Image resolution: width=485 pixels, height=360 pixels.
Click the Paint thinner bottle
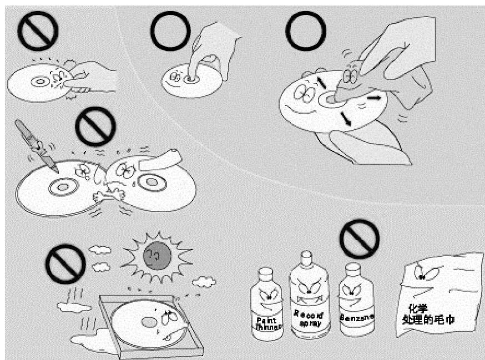tap(266, 305)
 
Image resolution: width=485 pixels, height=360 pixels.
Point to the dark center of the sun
tap(157, 256)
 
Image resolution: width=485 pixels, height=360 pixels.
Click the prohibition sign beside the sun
tap(65, 264)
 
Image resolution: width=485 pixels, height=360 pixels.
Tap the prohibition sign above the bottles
tap(360, 239)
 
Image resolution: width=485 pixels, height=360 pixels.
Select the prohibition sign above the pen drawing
tap(95, 126)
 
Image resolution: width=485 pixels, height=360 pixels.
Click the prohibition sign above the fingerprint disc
tap(38, 31)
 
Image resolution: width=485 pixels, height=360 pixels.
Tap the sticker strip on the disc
tap(160, 159)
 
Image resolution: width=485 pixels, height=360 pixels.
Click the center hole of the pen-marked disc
tap(63, 187)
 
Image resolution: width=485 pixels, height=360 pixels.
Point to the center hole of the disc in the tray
tap(149, 323)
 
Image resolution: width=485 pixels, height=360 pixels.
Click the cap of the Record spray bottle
tap(306, 257)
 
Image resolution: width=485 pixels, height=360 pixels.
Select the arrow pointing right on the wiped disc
tap(374, 98)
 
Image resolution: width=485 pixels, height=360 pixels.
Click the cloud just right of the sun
tap(204, 282)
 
